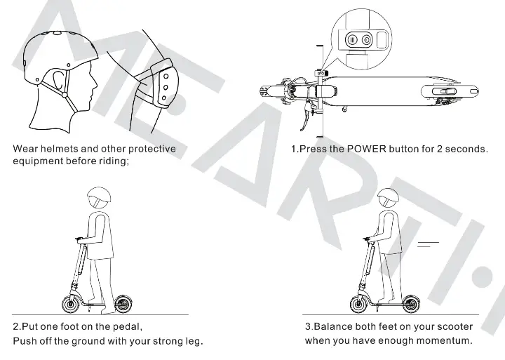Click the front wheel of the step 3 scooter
358,305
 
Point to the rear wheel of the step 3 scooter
410,305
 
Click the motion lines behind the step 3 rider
428,244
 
